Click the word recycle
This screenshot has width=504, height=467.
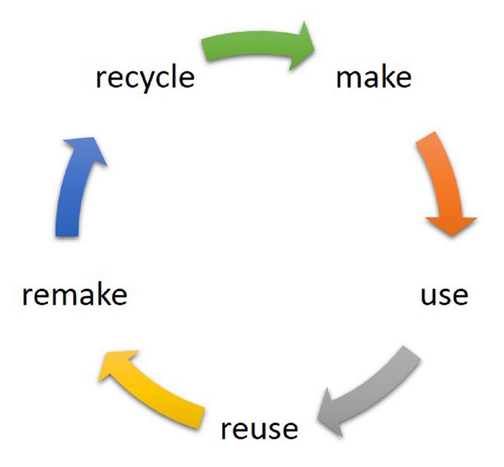point(145,78)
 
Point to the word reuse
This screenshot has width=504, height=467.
point(260,429)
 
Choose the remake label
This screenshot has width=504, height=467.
point(74,295)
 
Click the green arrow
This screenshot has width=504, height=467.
point(252,47)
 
